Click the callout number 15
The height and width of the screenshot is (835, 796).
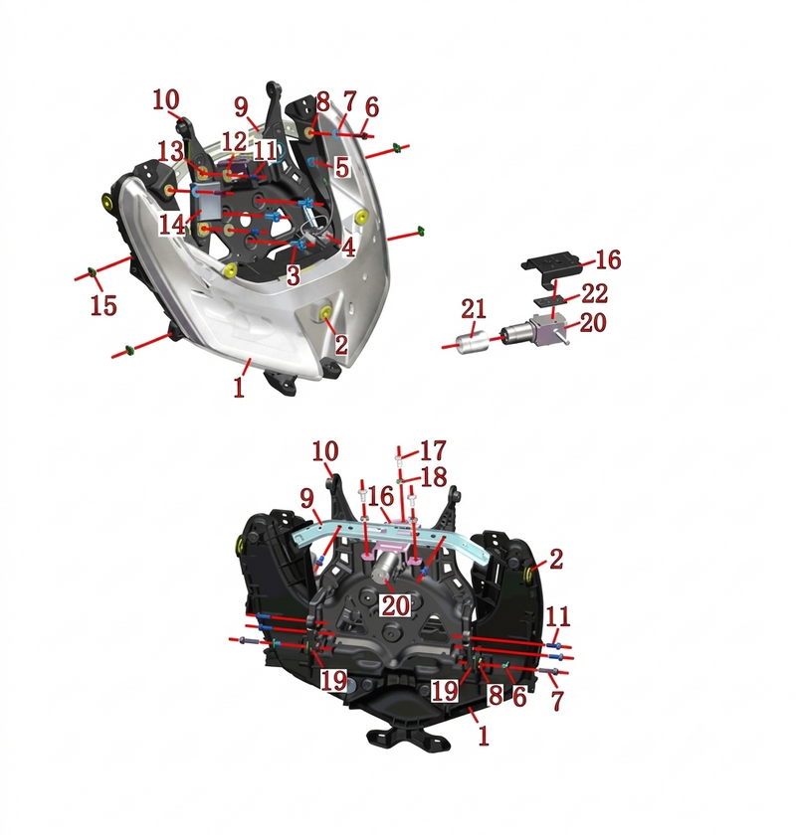[103, 306]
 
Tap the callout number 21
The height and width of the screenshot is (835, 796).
[474, 309]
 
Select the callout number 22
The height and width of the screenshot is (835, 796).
[594, 293]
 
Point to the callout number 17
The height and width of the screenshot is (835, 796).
[433, 450]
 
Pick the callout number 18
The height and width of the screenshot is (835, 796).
[434, 477]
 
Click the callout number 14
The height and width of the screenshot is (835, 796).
[172, 225]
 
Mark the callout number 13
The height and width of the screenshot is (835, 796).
[170, 152]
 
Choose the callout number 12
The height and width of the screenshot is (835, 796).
[234, 142]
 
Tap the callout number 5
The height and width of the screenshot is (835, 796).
[341, 167]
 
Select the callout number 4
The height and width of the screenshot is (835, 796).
[348, 248]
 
